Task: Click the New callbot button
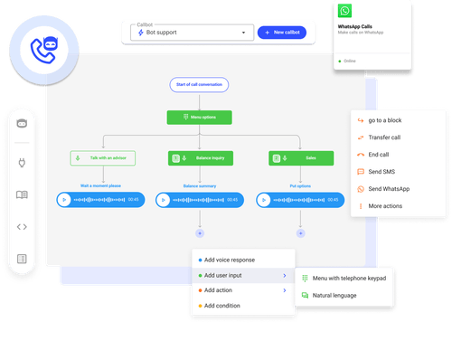(283, 33)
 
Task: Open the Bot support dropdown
(191, 33)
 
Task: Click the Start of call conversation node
(199, 85)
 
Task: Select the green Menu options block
(199, 117)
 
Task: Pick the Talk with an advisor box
(102, 157)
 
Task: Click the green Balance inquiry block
(198, 157)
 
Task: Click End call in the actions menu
(383, 154)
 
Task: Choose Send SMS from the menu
(385, 171)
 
